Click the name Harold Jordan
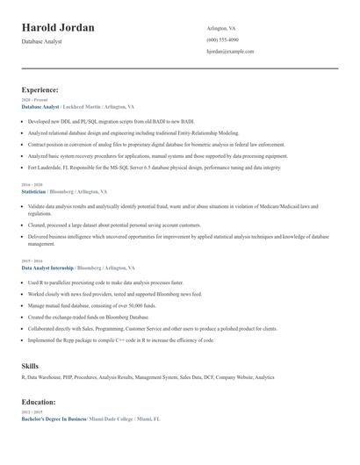pos(59,28)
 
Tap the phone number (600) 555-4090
pos(222,40)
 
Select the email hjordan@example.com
pos(230,52)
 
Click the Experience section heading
pos(40,89)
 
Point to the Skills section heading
pos(31,364)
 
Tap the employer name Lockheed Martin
pos(87,105)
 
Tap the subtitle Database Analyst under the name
pos(42,42)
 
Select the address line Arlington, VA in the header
pos(221,28)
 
